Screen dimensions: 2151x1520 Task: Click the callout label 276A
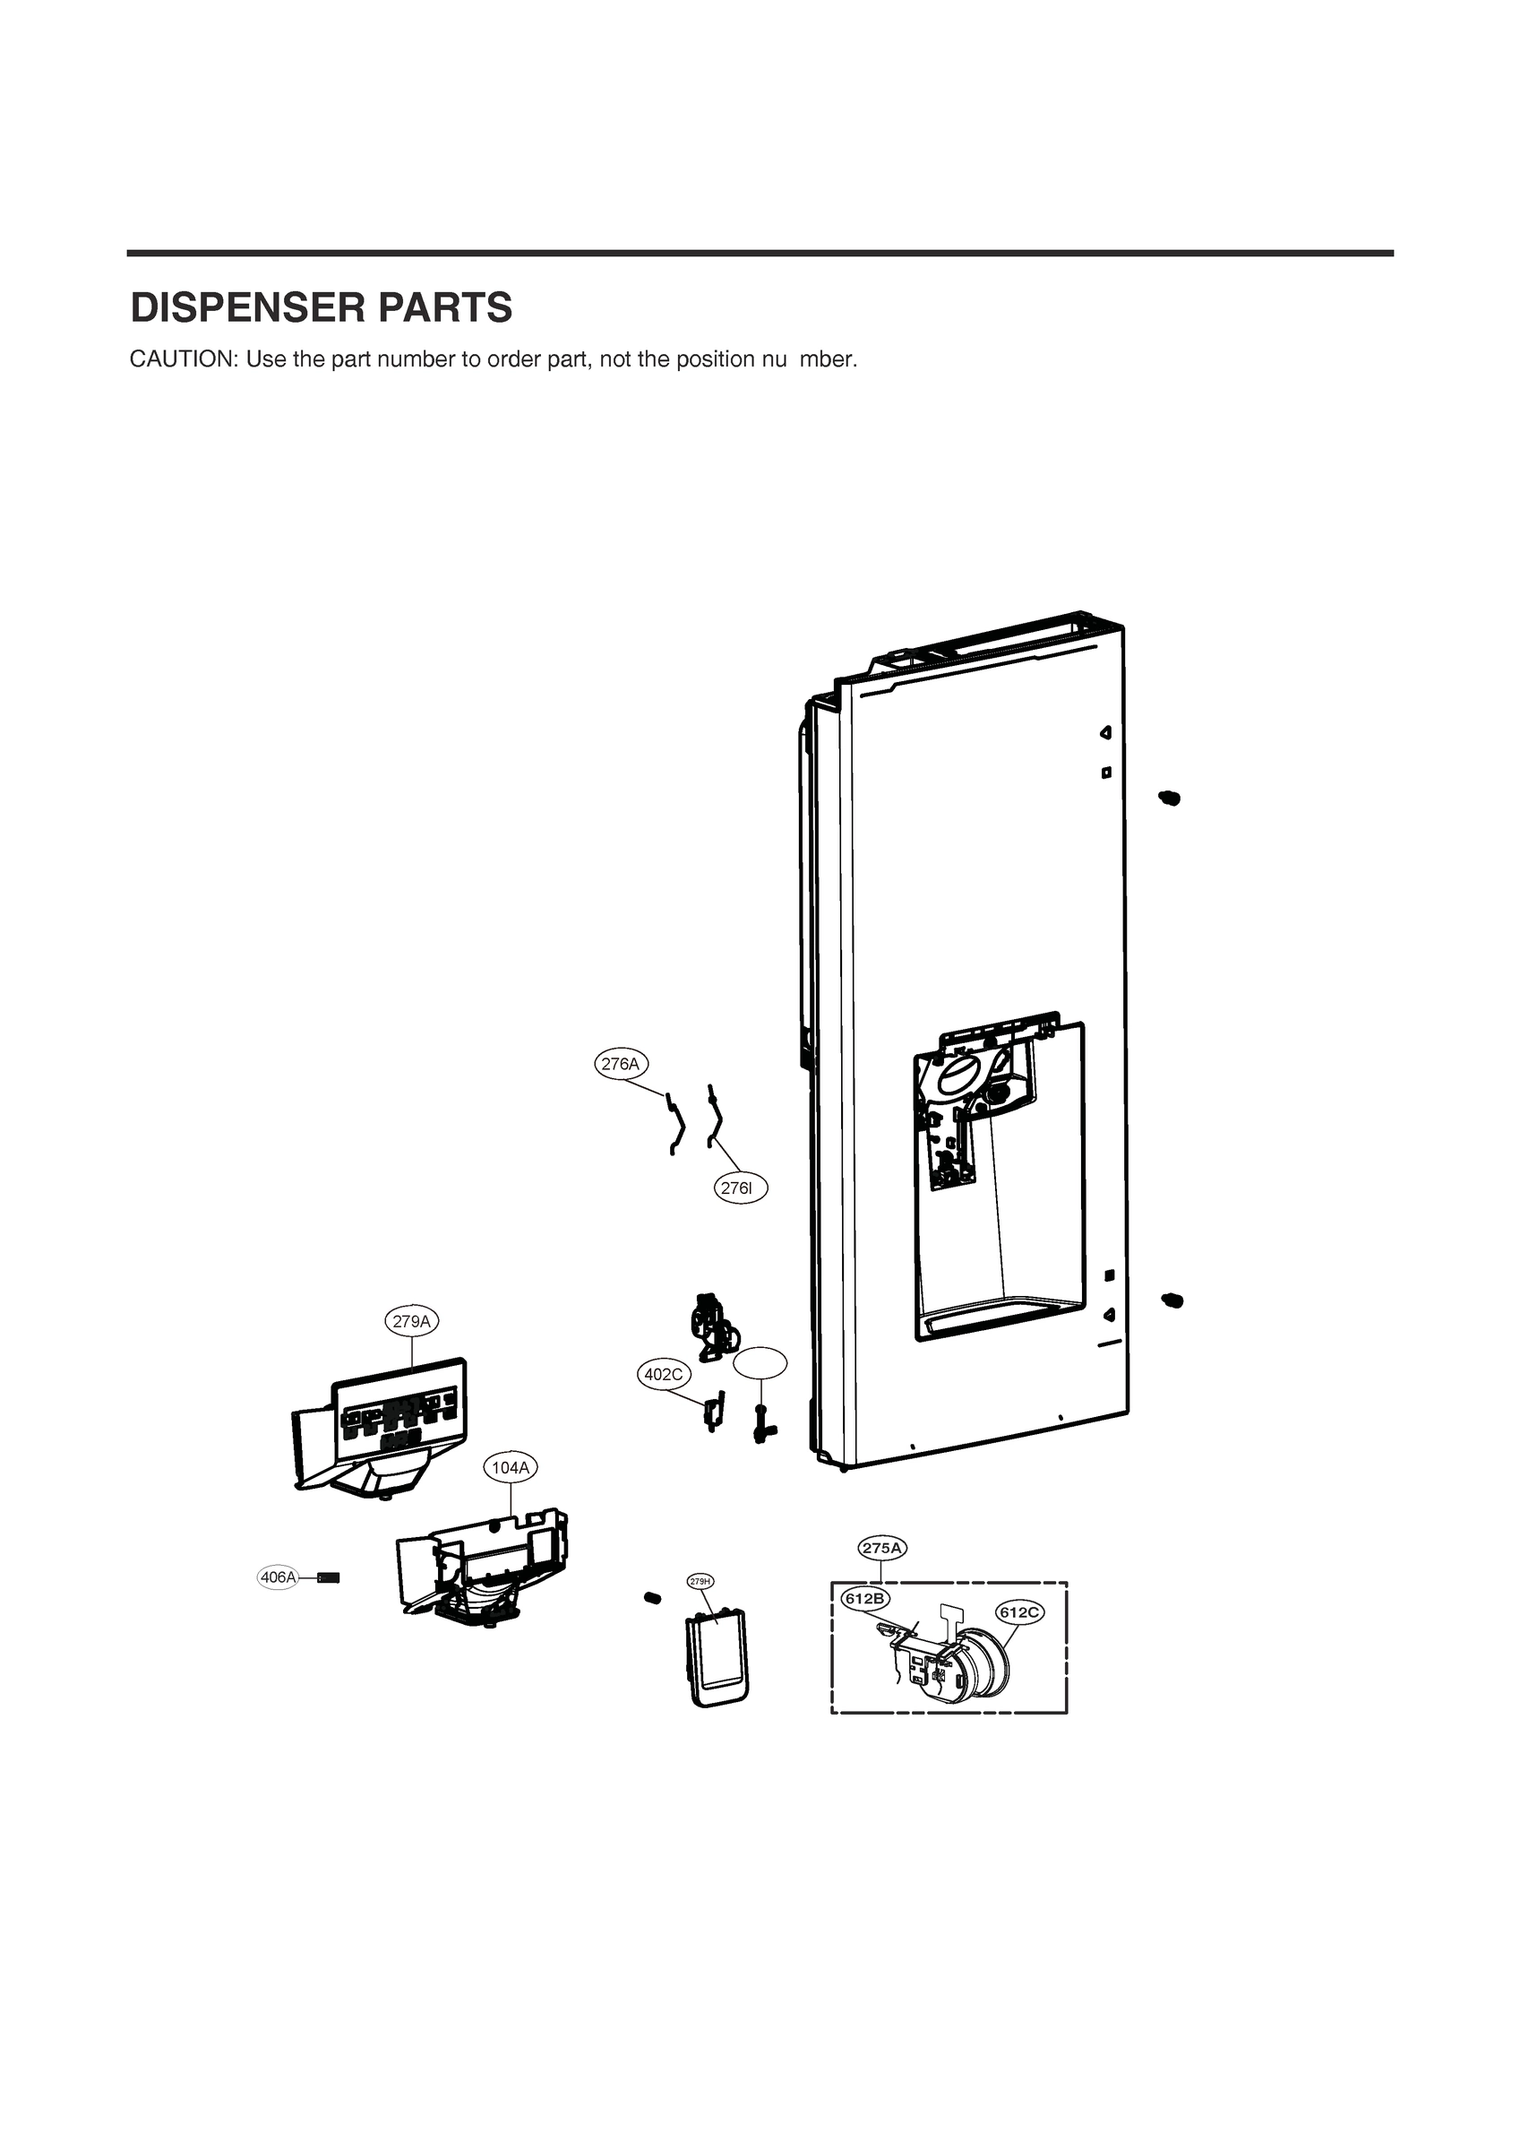click(x=621, y=1064)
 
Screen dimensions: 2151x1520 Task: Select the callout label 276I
click(x=740, y=1188)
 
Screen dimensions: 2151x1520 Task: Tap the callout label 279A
click(x=412, y=1322)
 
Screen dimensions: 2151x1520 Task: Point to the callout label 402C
click(x=663, y=1374)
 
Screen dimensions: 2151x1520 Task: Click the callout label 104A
click(x=511, y=1468)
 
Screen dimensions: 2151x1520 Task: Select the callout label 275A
click(x=882, y=1549)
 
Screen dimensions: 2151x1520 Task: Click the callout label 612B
click(x=864, y=1598)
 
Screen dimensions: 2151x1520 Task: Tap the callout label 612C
click(x=1019, y=1612)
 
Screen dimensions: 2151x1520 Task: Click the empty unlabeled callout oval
click(x=760, y=1364)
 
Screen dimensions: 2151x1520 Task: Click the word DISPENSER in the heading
click(x=246, y=308)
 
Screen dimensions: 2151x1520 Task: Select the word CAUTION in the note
click(x=184, y=359)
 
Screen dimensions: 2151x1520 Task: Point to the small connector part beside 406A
click(x=329, y=1577)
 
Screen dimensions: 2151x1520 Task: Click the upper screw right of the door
click(x=1170, y=799)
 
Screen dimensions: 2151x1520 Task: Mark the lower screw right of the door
click(x=1172, y=1300)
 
